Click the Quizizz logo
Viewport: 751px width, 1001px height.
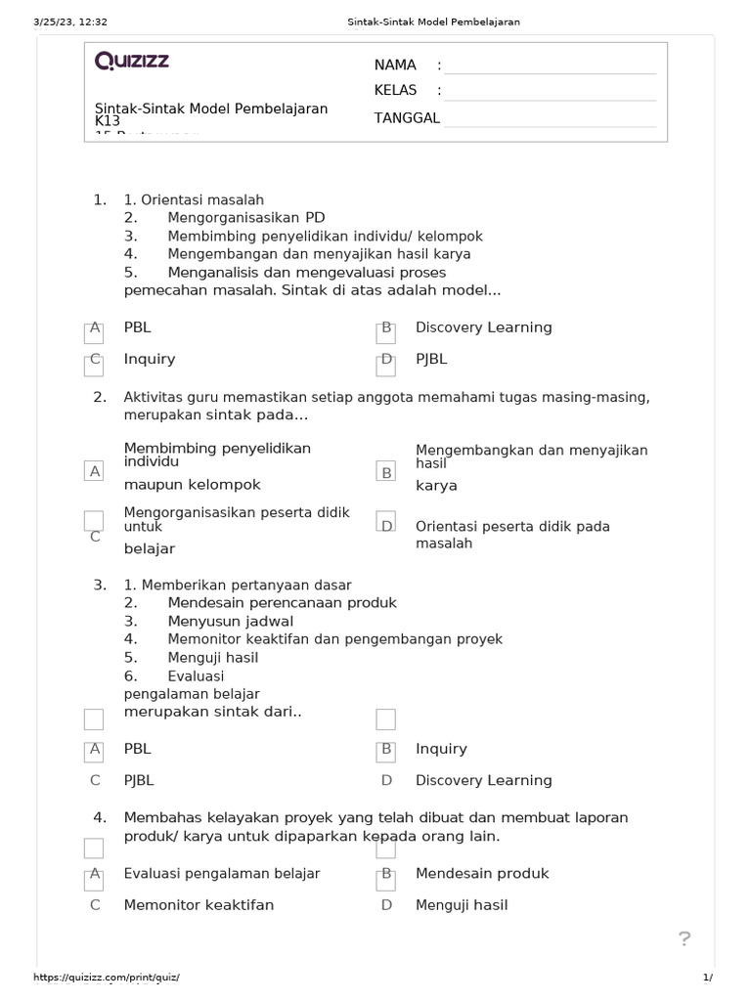point(132,61)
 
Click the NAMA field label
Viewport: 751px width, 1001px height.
point(395,65)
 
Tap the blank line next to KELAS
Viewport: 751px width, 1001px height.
point(549,91)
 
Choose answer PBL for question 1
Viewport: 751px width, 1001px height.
point(138,327)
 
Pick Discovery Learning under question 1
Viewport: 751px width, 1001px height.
point(483,327)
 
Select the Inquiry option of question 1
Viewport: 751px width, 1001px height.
point(150,359)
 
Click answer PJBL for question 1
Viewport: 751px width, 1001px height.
point(431,359)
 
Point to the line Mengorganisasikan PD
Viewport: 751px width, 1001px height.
point(245,218)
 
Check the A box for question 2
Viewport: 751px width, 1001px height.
point(95,471)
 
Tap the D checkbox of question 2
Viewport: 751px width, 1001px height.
point(386,525)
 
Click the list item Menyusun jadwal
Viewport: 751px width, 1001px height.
point(230,621)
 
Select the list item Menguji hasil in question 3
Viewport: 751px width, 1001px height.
point(212,658)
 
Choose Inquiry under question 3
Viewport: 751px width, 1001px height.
point(441,749)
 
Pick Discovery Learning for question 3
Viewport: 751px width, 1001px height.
point(483,780)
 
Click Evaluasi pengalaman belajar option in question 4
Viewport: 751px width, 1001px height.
point(222,874)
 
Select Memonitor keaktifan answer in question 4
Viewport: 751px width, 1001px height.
point(199,905)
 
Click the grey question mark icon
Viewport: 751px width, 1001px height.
point(685,939)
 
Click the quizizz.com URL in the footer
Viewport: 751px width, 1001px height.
point(107,978)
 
